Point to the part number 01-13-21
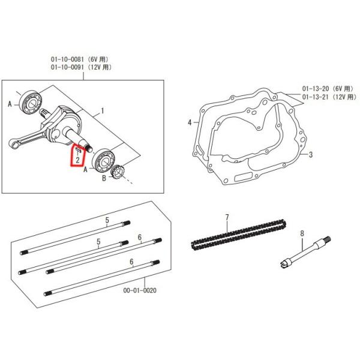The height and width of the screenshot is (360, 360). tap(317, 97)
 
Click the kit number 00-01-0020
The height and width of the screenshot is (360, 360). tap(139, 290)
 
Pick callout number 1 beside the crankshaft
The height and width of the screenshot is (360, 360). tap(103, 111)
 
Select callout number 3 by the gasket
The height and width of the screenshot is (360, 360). tap(311, 155)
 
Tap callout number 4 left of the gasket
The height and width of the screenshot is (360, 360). tap(189, 122)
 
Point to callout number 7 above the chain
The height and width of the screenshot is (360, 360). tap(227, 217)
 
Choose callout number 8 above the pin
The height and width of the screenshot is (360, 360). tap(302, 233)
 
